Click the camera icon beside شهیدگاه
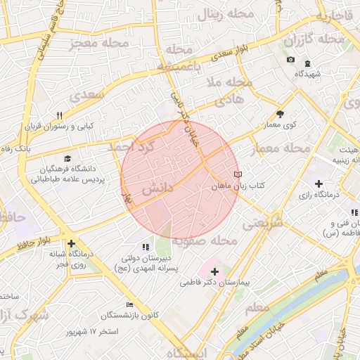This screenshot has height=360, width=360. tap(290, 60)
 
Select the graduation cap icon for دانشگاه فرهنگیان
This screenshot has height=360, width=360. tap(67, 159)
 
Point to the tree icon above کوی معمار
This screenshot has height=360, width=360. tap(281, 113)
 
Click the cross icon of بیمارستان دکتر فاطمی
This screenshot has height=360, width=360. tap(214, 271)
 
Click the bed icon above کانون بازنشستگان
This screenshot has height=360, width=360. tap(129, 304)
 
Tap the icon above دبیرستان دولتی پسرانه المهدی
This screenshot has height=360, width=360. tap(146, 247)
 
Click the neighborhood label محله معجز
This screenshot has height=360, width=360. tap(98, 44)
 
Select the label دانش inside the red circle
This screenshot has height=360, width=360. tap(157, 190)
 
